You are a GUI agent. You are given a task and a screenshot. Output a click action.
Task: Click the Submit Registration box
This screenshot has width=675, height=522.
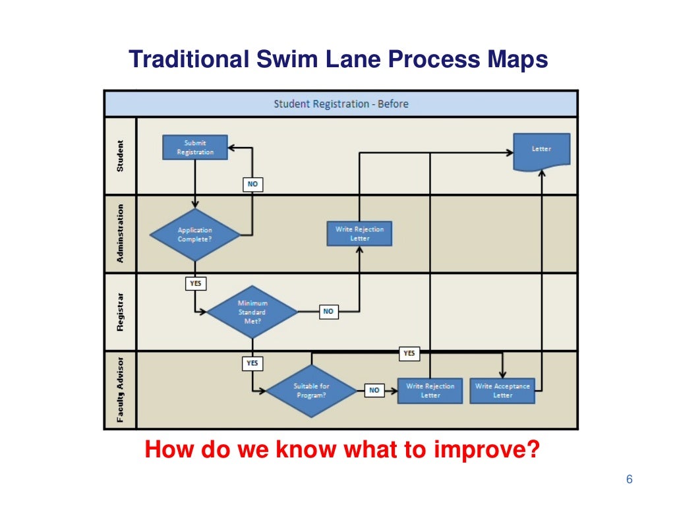click(x=195, y=147)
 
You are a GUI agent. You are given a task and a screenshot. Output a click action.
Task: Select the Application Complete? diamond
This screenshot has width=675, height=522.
click(x=194, y=235)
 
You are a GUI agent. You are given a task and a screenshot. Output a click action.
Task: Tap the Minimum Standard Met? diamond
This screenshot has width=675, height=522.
click(x=252, y=312)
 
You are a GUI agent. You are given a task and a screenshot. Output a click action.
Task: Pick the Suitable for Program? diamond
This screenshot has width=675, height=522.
click(x=311, y=390)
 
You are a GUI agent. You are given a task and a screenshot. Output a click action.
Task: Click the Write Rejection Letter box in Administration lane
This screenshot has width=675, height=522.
click(x=359, y=233)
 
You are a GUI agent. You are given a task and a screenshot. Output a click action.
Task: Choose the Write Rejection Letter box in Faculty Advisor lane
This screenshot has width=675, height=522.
click(x=430, y=390)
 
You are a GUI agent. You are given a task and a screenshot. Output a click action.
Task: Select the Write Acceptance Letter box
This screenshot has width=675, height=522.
click(x=502, y=390)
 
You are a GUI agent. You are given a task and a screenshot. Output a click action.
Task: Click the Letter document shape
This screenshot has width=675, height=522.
click(x=541, y=151)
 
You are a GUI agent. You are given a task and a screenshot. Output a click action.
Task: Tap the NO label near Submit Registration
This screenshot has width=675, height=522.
click(x=252, y=185)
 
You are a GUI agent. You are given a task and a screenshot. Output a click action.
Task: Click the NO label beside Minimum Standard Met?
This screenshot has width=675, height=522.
click(x=328, y=312)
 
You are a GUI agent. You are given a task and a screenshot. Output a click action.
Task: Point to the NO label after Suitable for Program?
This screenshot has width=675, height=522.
click(x=374, y=390)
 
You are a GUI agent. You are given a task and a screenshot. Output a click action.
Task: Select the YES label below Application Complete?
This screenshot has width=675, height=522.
click(x=195, y=284)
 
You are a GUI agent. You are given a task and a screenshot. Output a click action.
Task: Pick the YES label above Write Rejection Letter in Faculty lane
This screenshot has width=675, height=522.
click(x=409, y=354)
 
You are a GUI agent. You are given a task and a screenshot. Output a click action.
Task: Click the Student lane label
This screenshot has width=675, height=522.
click(x=120, y=156)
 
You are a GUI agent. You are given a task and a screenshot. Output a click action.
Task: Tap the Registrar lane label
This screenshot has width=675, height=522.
click(x=120, y=312)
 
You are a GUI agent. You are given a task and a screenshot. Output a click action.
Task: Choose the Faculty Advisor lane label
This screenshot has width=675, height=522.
click(x=120, y=390)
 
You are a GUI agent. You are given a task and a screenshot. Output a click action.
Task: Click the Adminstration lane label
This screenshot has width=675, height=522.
click(x=120, y=233)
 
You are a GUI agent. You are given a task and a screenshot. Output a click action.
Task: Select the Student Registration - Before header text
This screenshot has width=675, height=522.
click(x=341, y=103)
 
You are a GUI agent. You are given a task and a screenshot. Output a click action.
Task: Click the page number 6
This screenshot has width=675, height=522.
click(x=629, y=479)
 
